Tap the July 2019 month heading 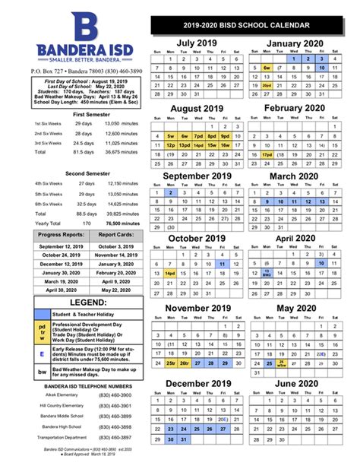tap(196, 43)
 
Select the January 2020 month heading tap(296, 43)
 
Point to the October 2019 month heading tap(196, 237)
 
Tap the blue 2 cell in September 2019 tap(169, 192)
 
